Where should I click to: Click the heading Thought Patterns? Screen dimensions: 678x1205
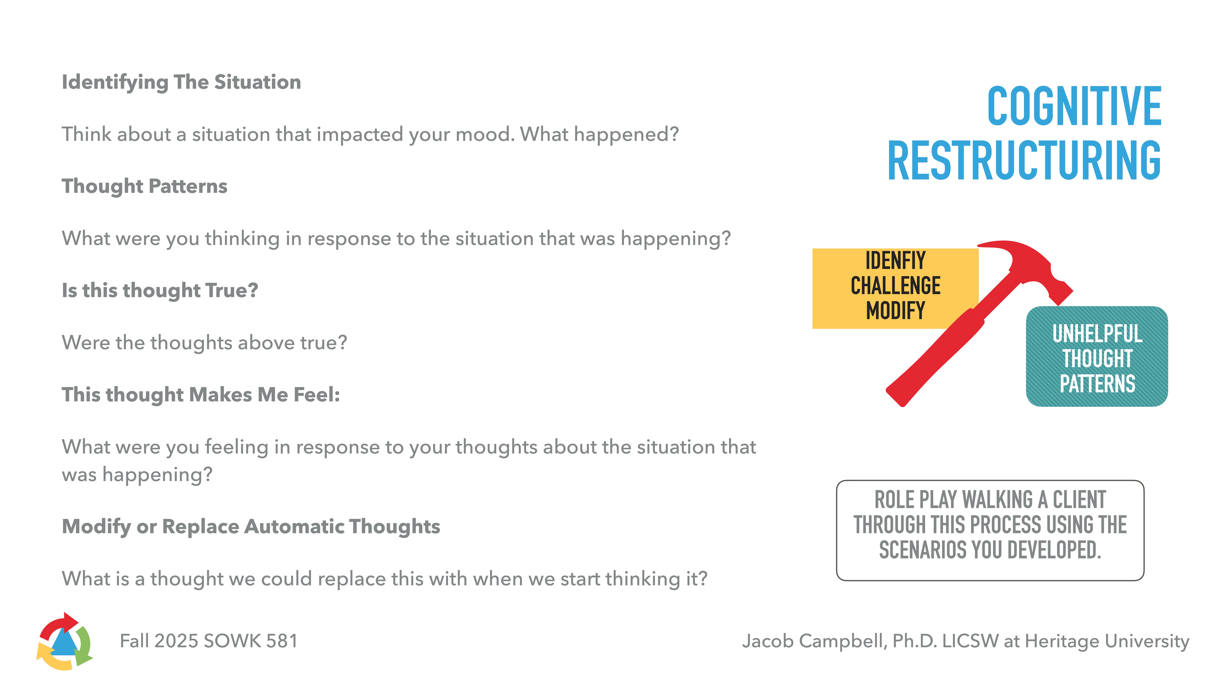tap(145, 186)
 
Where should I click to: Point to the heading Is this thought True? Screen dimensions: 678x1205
tap(160, 291)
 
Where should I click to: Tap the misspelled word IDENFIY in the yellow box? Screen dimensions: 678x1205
tap(895, 261)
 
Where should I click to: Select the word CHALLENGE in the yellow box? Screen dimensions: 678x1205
tap(895, 286)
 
